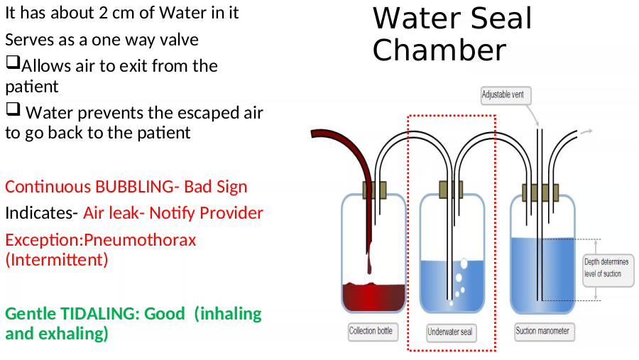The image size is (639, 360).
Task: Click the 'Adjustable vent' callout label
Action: pos(506,95)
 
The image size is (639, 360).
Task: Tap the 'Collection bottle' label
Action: pos(373,332)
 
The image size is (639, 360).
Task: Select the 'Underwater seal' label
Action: pos(451,332)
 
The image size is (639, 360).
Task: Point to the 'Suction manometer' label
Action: pos(545,332)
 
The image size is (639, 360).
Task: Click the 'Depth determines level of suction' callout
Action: pos(608,268)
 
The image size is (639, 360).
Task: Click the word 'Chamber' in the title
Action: pos(439,50)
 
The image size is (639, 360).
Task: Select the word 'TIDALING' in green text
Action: pos(97,314)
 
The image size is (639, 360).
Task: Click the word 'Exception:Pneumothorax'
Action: pos(101,240)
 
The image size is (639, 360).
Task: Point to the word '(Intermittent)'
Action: pos(57,260)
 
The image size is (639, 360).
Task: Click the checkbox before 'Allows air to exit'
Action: pos(13,62)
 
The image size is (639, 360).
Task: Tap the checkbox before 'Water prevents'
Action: pos(13,109)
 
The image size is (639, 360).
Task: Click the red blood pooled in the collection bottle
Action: pos(373,298)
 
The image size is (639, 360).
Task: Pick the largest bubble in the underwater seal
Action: pos(464,263)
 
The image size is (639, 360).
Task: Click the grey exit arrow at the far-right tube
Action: pos(586,131)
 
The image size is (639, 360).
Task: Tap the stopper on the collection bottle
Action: pos(374,190)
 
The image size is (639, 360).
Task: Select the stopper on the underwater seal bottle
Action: pos(451,190)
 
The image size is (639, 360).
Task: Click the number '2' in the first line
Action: pos(103,13)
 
